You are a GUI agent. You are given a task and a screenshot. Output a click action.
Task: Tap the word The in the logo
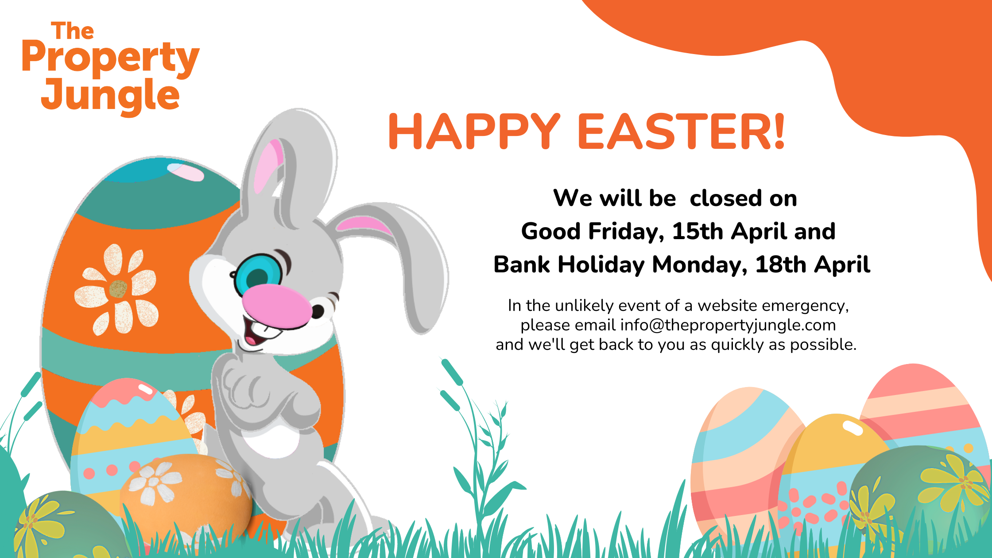pyautogui.click(x=73, y=31)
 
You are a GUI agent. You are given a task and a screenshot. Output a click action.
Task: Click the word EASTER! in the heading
pyautogui.click(x=682, y=132)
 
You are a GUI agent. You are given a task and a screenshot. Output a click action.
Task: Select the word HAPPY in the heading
pyautogui.click(x=474, y=132)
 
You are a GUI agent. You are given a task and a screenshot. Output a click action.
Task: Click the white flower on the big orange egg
pyautogui.click(x=116, y=289)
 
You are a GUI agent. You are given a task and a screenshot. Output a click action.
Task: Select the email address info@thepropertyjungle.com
pyautogui.click(x=728, y=325)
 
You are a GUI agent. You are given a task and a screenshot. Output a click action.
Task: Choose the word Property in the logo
pyautogui.click(x=111, y=58)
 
